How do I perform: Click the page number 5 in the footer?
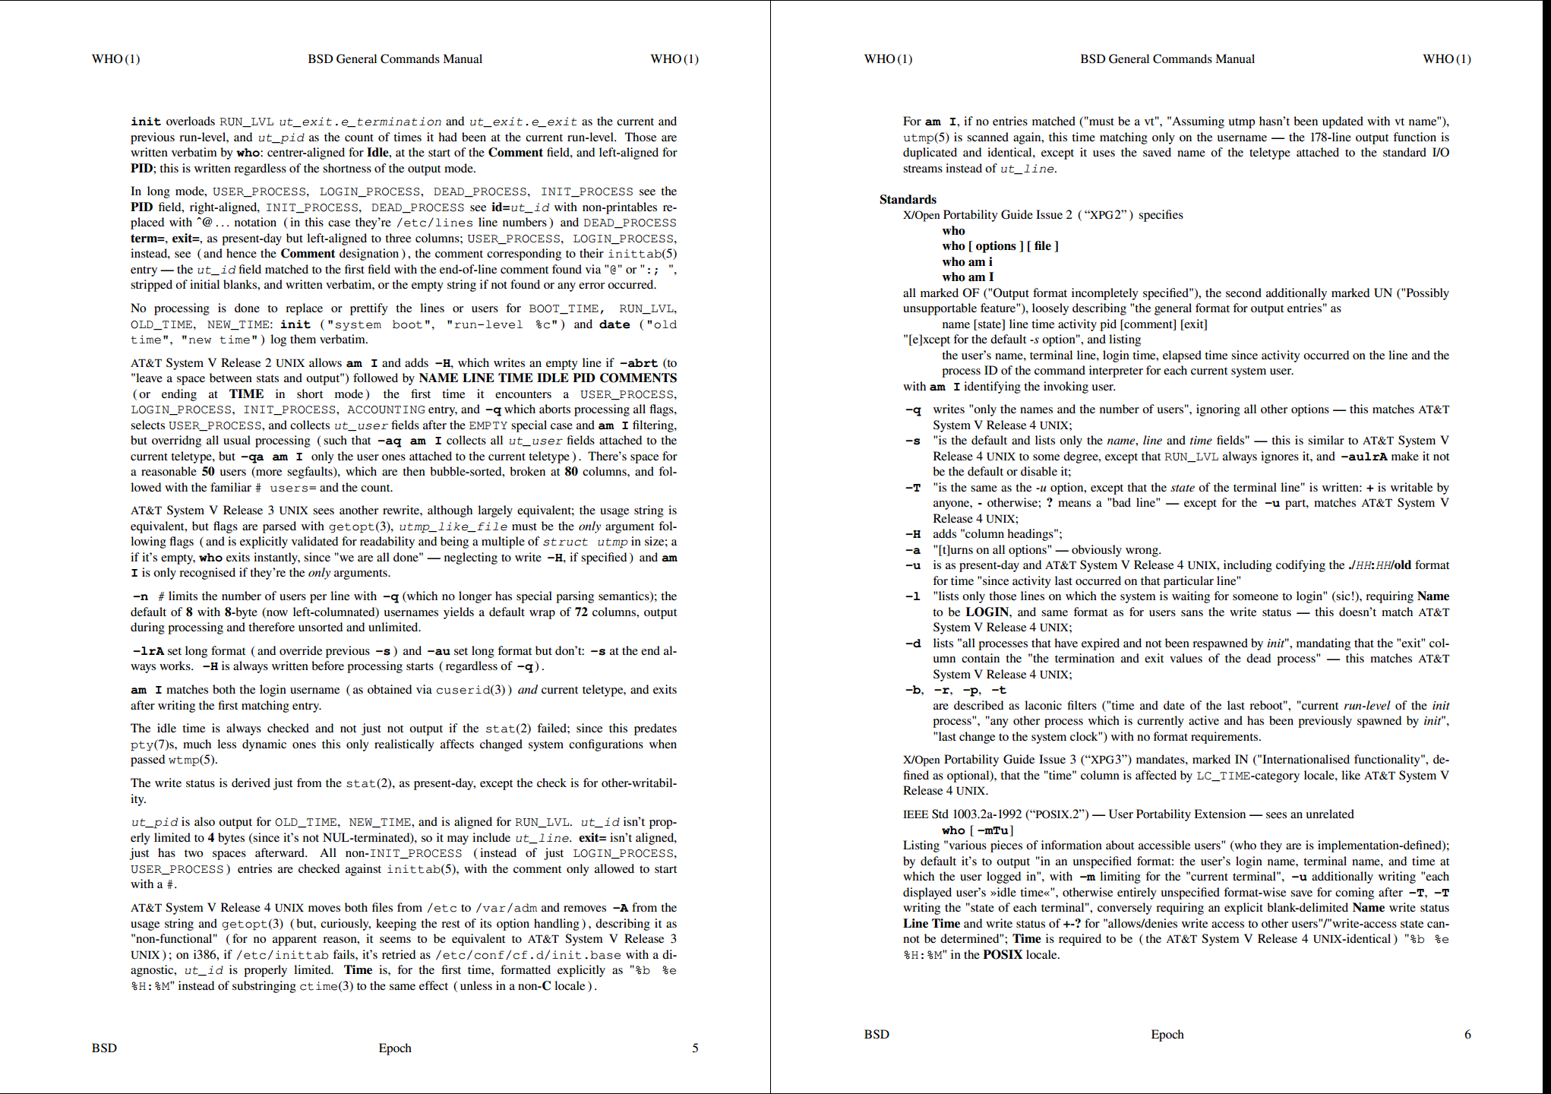point(694,1048)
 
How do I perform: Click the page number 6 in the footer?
point(1467,1035)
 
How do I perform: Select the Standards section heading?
point(908,200)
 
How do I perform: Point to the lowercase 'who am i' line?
point(967,262)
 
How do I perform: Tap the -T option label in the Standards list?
point(913,488)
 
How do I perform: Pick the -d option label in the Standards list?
point(913,643)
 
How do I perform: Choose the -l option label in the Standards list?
point(913,596)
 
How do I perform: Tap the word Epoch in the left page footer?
point(395,1048)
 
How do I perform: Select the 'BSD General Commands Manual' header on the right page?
point(1167,59)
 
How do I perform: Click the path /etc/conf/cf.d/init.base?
point(531,955)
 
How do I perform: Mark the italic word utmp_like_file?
point(453,526)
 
